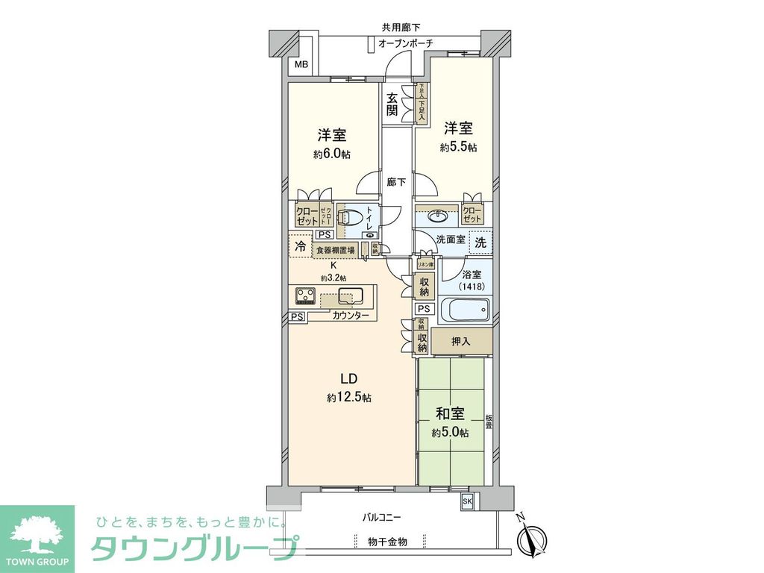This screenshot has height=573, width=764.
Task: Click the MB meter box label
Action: point(301,65)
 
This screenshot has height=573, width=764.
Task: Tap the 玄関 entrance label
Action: point(392,104)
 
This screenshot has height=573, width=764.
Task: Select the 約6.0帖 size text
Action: point(332,154)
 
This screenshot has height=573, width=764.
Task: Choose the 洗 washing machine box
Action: point(481,242)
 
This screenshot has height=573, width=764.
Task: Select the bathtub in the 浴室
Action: point(464,309)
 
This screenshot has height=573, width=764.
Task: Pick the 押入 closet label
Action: point(461,342)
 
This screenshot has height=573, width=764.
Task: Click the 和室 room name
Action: point(450,412)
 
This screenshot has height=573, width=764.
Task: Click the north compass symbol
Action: point(533,537)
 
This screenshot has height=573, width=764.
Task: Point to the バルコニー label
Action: point(382,516)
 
